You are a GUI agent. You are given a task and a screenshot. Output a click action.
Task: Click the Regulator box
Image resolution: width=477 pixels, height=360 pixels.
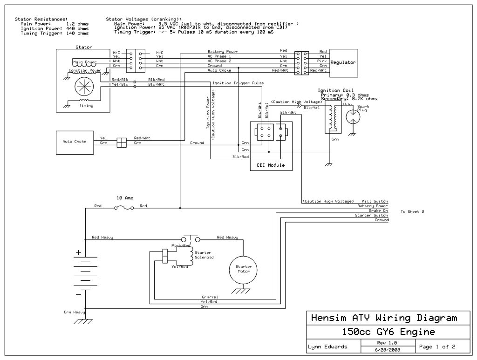[x=344, y=62]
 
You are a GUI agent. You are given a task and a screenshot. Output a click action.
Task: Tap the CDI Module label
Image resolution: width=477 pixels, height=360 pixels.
[x=271, y=165]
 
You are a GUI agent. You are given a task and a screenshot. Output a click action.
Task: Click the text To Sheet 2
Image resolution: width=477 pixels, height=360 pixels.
[x=412, y=211]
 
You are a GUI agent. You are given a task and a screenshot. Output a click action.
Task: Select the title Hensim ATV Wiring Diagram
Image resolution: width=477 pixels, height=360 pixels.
[x=383, y=319]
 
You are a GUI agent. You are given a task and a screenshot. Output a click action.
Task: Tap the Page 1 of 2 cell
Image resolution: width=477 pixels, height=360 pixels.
[x=437, y=347]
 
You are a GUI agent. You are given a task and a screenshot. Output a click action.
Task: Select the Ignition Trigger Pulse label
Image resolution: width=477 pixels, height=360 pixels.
[x=238, y=83]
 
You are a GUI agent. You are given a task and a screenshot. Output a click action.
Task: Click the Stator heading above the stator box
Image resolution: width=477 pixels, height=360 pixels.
[x=84, y=47]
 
